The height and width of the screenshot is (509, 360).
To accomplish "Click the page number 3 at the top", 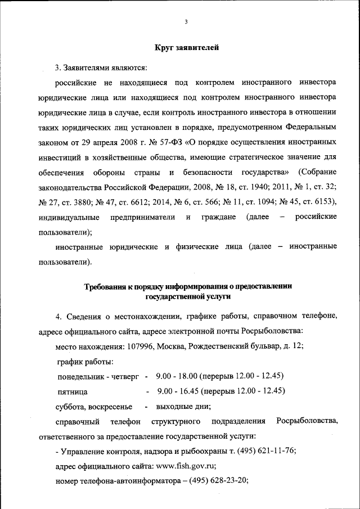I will coord(186,22).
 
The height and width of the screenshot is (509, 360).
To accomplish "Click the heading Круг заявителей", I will coord(186,48).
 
